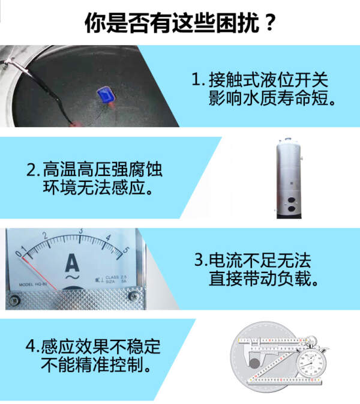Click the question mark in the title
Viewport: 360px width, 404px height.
[x=270, y=23]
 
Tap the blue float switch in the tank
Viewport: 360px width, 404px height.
[x=106, y=95]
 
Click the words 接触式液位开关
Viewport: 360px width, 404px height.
[x=268, y=80]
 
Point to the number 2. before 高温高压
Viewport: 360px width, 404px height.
[x=34, y=170]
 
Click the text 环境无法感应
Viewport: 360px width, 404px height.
[x=94, y=187]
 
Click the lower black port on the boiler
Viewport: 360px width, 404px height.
[x=292, y=209]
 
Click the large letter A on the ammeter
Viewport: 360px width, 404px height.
[x=72, y=262]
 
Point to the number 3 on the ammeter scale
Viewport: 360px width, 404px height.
[x=81, y=231]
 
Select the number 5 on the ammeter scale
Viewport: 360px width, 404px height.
[x=126, y=250]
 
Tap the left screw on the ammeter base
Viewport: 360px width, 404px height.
[x=14, y=300]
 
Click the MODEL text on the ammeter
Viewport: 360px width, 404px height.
[x=26, y=285]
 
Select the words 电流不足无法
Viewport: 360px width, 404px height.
[x=260, y=260]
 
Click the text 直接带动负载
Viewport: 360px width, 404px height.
[x=260, y=279]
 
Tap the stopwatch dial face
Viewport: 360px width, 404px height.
[x=311, y=363]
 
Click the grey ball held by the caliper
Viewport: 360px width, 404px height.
[x=254, y=364]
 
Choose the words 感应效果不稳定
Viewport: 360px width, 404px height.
[x=101, y=346]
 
